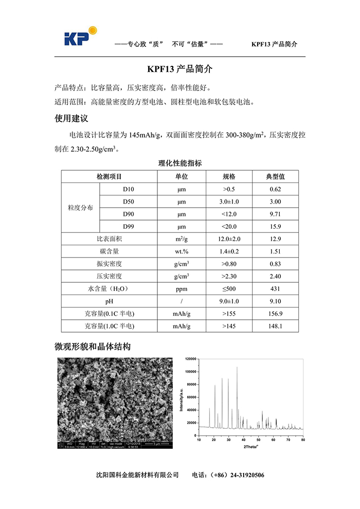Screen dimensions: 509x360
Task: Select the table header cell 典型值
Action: click(275, 176)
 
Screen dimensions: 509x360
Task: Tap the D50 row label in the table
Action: click(129, 202)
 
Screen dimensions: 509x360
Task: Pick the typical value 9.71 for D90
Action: click(275, 214)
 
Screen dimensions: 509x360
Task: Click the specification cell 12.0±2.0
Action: click(229, 239)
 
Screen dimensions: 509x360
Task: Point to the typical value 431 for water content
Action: click(275, 289)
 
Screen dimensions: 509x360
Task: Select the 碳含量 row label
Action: click(110, 251)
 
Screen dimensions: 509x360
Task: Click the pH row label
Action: click(110, 301)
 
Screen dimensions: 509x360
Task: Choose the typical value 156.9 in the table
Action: click(275, 314)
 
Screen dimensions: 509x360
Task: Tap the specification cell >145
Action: click(229, 326)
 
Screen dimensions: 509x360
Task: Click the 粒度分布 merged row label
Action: click(81, 208)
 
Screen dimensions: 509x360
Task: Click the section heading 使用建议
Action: click(71, 119)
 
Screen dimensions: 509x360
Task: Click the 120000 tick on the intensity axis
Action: click(190, 358)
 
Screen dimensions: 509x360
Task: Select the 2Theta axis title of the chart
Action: click(251, 446)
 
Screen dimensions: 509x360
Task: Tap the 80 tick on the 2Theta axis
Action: click(303, 440)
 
